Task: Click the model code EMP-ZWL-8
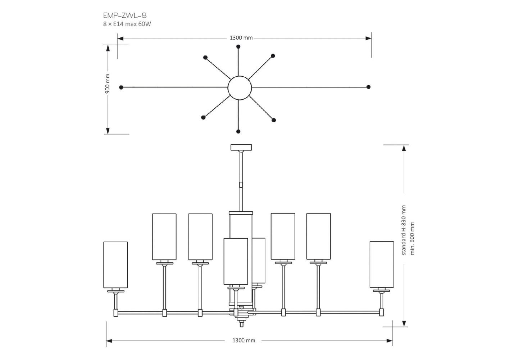click(124, 15)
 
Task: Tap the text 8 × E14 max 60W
click(127, 24)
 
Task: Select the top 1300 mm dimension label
click(241, 38)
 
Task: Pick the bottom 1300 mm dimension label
click(244, 340)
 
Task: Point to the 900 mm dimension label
click(108, 84)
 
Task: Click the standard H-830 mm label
click(404, 230)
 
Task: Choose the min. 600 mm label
click(412, 238)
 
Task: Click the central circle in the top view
click(239, 87)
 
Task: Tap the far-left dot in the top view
click(121, 87)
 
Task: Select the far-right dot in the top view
click(368, 87)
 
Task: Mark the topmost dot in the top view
click(238, 46)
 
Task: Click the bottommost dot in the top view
click(238, 132)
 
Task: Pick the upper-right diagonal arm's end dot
click(273, 56)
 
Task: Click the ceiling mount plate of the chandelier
click(241, 147)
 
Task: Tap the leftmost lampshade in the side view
click(115, 265)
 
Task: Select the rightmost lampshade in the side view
click(382, 264)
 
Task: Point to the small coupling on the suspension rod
click(241, 185)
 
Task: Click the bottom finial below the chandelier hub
click(241, 323)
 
